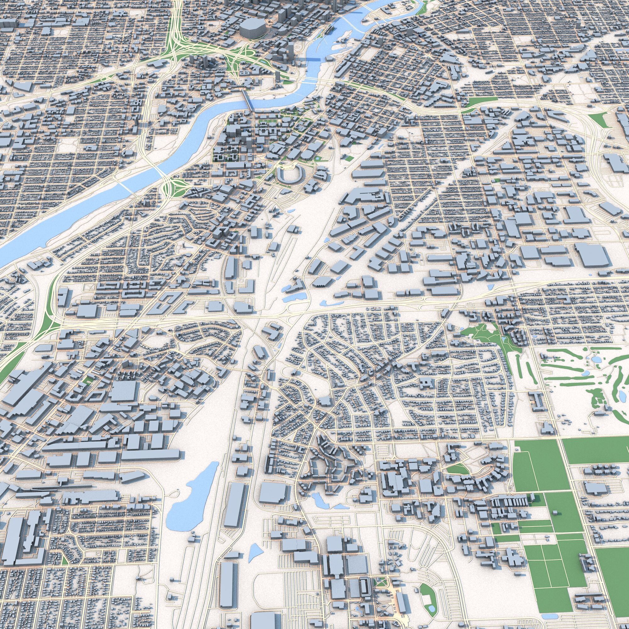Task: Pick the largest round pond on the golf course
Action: point(596,359)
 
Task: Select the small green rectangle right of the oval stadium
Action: point(349,159)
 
